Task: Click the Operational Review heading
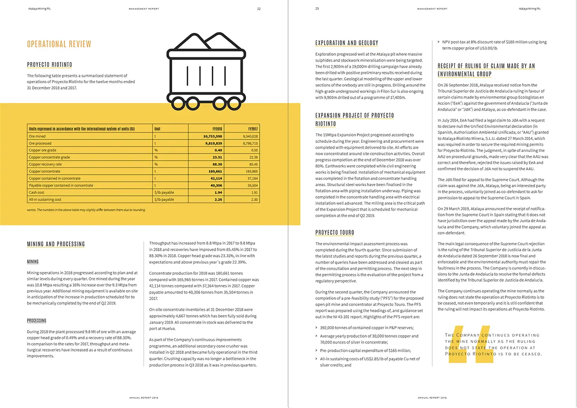(x=59, y=44)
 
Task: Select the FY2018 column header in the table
(x=217, y=129)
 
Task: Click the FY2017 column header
(x=252, y=129)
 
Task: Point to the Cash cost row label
(x=37, y=192)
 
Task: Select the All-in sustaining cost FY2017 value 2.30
(x=254, y=199)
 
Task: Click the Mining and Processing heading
(x=56, y=244)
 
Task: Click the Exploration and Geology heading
(x=347, y=43)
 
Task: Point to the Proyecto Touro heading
(x=335, y=233)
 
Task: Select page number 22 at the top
(x=259, y=9)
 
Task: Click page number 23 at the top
(x=317, y=9)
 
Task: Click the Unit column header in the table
(x=157, y=129)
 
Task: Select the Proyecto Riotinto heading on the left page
(x=50, y=65)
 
